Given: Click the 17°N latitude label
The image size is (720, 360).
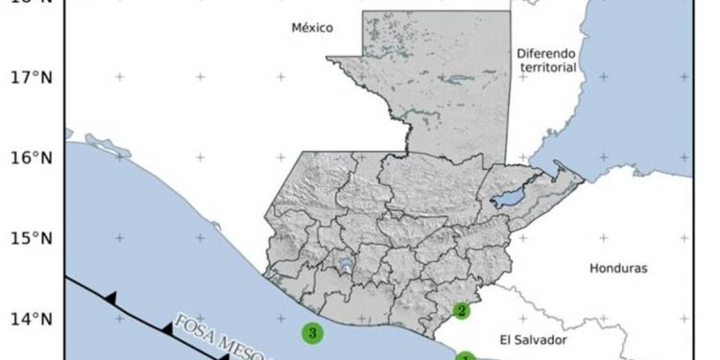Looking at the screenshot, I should [30, 77].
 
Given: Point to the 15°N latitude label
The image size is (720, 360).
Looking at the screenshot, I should [30, 238].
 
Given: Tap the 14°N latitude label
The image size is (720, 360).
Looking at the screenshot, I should [30, 319].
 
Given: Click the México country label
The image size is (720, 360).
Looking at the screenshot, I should [312, 29].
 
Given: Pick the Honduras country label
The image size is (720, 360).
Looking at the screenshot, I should [619, 268].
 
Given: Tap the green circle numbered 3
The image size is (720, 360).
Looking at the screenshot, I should [312, 333].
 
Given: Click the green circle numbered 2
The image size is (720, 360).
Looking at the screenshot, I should [462, 310].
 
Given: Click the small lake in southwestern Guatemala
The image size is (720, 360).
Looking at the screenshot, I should [343, 262].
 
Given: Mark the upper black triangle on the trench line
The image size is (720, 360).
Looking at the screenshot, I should [110, 299].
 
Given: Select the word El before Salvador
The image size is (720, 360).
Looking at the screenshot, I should [506, 340].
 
